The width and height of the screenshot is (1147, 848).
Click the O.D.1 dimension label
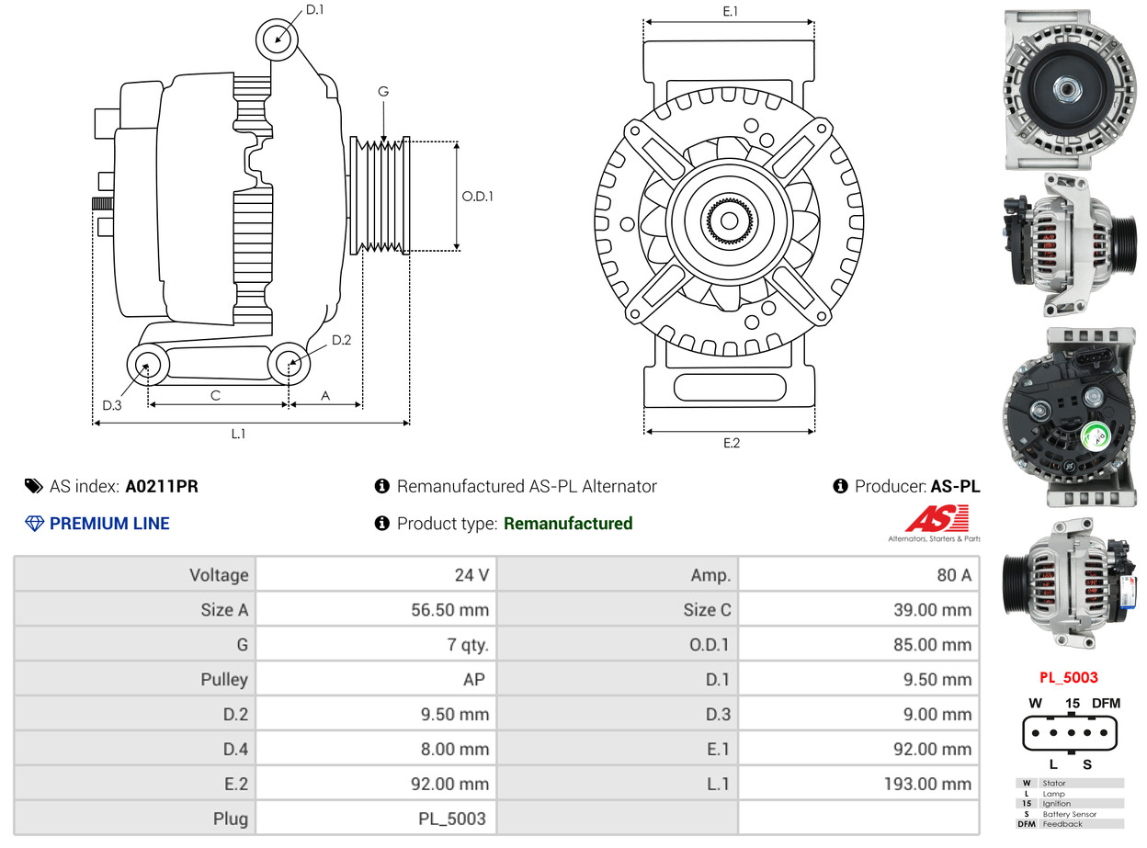click(x=477, y=197)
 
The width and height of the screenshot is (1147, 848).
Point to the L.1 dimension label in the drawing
click(x=238, y=434)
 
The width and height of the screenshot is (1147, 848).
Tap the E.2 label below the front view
click(x=731, y=443)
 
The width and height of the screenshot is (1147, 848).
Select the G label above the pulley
click(x=383, y=92)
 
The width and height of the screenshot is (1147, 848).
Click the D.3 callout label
click(x=112, y=405)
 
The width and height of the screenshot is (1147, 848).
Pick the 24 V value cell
click(x=471, y=575)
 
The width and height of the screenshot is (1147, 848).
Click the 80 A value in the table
click(x=953, y=575)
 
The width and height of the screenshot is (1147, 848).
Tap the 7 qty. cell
click(x=468, y=645)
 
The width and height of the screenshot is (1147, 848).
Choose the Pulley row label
click(x=224, y=680)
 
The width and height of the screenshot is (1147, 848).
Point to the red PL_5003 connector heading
click(x=1068, y=678)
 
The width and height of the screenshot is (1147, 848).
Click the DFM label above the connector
click(x=1106, y=704)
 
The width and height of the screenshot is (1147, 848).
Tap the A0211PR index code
click(x=162, y=486)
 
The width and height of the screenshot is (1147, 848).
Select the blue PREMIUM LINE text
click(x=109, y=524)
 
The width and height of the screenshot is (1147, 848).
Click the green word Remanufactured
click(x=568, y=524)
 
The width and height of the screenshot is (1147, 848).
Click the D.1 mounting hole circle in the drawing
click(x=277, y=40)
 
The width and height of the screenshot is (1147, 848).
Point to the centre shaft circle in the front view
click(x=729, y=220)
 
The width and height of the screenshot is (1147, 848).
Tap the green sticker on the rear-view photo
click(x=1096, y=435)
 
